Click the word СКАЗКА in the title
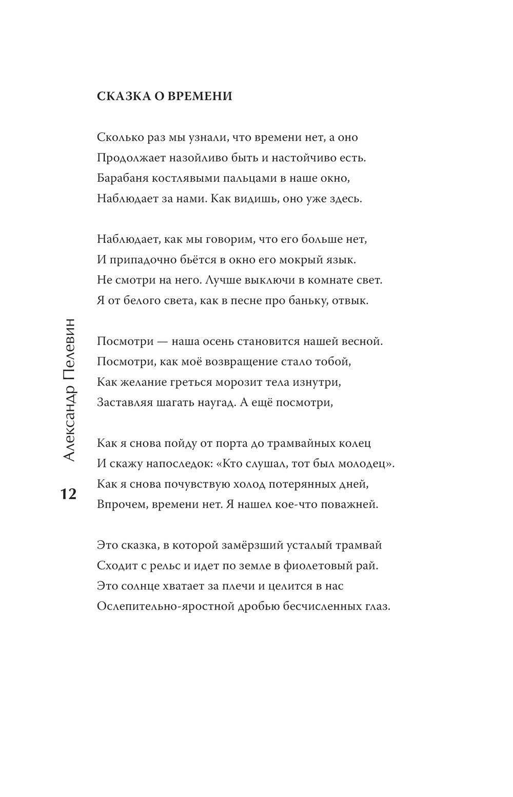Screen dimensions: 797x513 point(121,97)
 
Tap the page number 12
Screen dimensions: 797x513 point(68,494)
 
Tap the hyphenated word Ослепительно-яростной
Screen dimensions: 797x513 point(165,606)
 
